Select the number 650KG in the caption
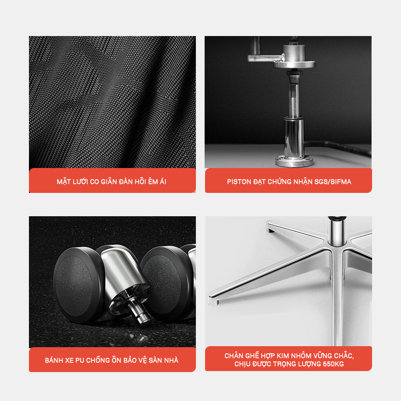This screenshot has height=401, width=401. coord(333,364)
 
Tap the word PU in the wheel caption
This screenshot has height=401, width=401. coord(80,360)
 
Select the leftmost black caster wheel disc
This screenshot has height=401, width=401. coord(79,285)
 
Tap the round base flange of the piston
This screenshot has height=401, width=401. coord(294,161)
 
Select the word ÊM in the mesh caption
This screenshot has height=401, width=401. coord(153,181)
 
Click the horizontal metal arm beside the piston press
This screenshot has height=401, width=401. coord(266,58)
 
